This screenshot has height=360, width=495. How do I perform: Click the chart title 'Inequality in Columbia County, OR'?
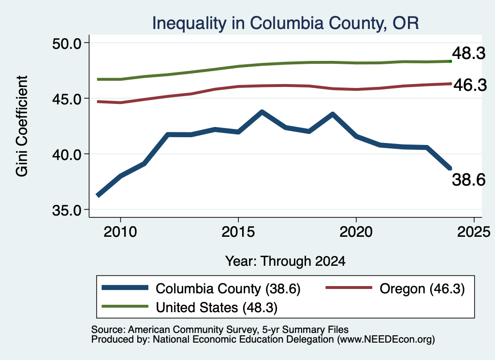[x=285, y=23]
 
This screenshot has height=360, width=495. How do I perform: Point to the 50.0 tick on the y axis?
[x=67, y=43]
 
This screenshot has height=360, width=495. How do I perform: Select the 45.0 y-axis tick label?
[x=67, y=99]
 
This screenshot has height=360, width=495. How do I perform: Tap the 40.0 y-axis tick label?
[x=67, y=155]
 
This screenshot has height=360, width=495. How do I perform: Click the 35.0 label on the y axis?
[x=67, y=210]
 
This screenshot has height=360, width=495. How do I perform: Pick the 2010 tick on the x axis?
[x=120, y=232]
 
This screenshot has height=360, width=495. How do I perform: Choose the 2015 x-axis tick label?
[x=238, y=232]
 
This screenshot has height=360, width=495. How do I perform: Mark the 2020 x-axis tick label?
[x=356, y=232]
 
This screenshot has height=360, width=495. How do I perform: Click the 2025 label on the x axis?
[x=474, y=232]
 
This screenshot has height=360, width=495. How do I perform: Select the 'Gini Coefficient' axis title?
[x=22, y=126]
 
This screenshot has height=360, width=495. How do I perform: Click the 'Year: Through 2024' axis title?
[x=285, y=261]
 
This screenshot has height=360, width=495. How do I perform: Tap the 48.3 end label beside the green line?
[x=468, y=53]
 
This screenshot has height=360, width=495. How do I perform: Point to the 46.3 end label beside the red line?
[x=470, y=85]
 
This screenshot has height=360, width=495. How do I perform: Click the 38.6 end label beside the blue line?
[x=468, y=180]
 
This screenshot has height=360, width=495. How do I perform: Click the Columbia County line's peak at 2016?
[x=262, y=112]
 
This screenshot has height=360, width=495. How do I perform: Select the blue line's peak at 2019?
[x=333, y=114]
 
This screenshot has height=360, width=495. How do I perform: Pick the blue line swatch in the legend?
[x=125, y=288]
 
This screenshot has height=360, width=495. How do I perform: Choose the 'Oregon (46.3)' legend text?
[x=422, y=288]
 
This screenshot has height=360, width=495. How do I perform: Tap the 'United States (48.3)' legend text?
[x=217, y=308]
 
